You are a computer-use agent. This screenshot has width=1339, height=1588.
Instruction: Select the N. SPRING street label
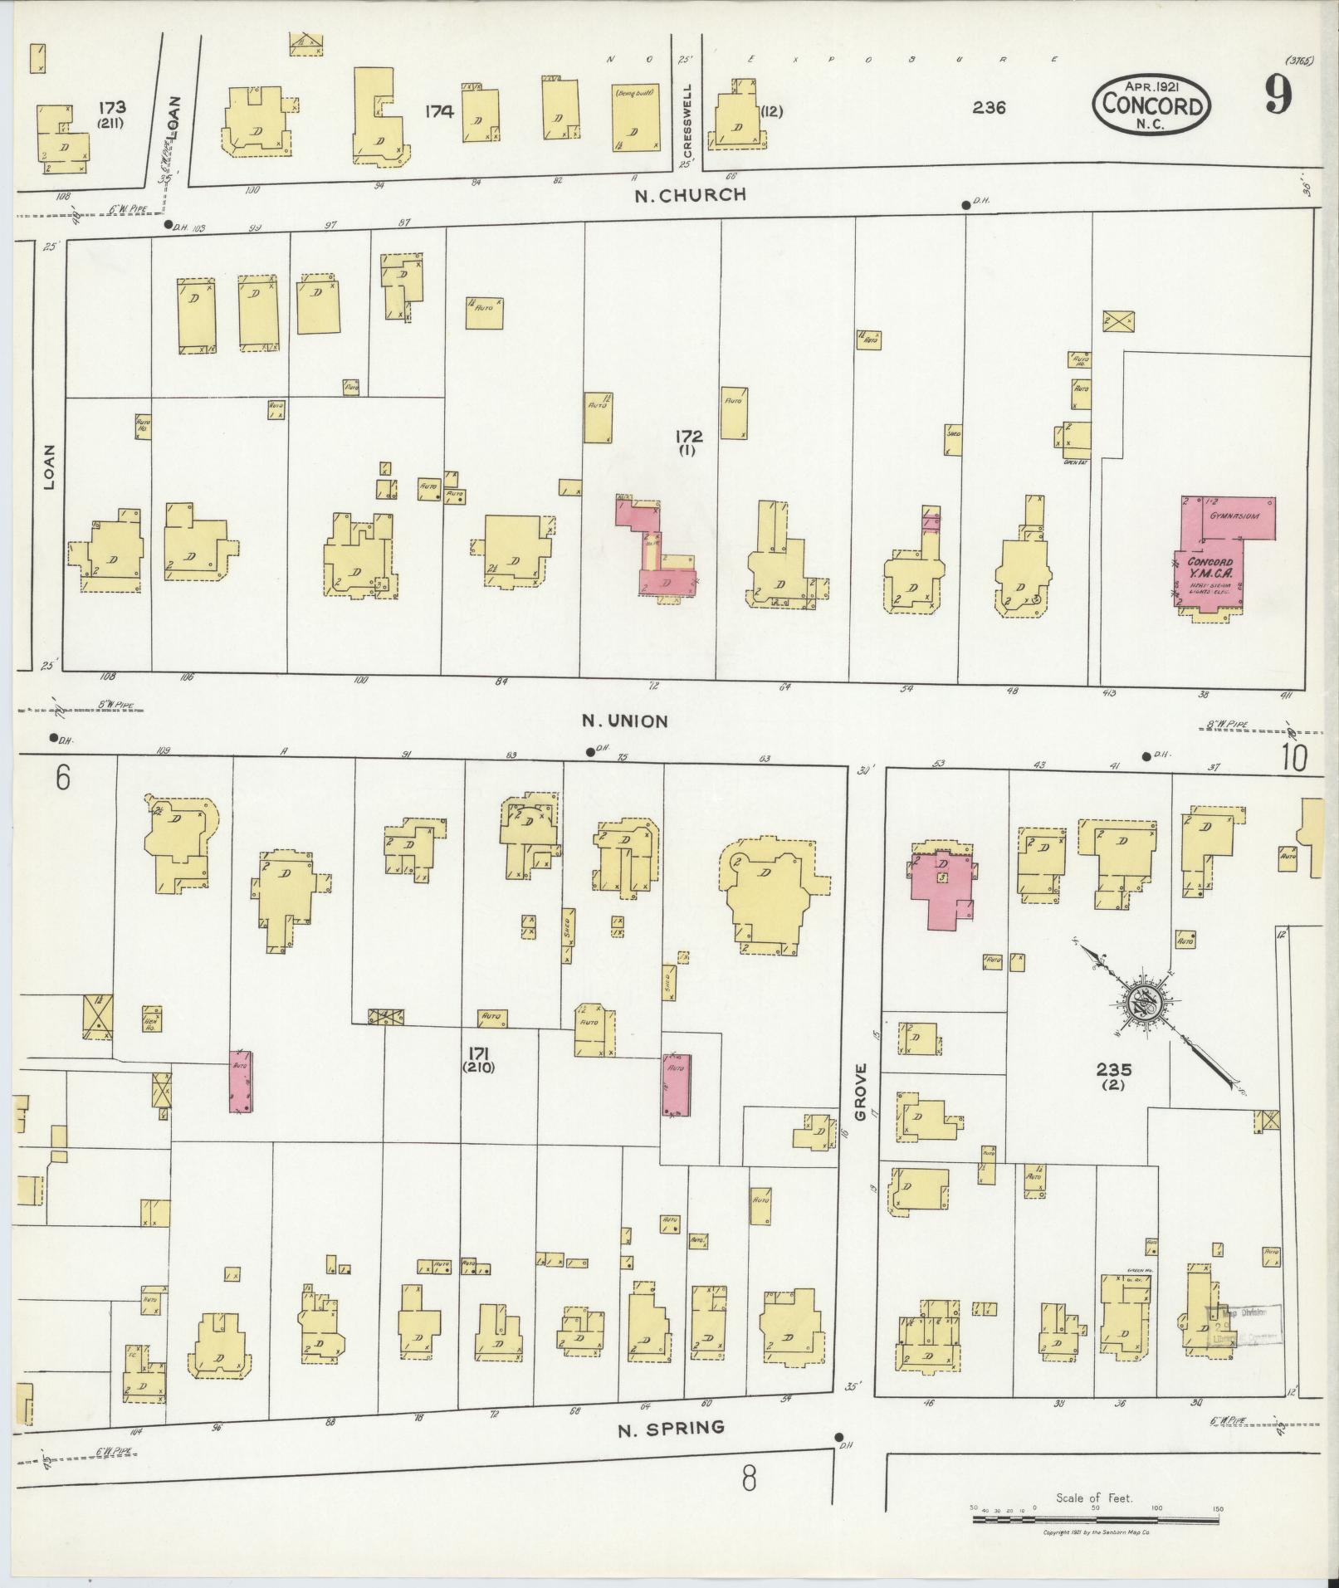coord(672,1428)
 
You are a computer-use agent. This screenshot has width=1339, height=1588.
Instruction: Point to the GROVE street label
coord(861,1092)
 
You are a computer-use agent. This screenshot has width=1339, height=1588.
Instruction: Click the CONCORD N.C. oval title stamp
coord(1151,105)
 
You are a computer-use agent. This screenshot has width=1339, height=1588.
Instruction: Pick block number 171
coord(479,1052)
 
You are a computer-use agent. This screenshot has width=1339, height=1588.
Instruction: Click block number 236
coord(990,107)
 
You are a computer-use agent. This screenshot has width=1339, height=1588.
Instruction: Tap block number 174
coord(439,110)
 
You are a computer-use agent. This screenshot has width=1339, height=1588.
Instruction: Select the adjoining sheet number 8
coord(749,1478)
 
